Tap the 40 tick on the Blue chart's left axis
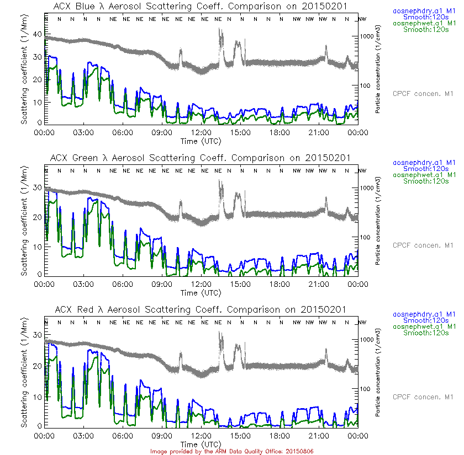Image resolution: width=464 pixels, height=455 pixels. (38, 34)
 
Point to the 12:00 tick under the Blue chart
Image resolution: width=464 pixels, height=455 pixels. (201, 132)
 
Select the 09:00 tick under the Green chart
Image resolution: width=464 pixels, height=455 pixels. (162, 284)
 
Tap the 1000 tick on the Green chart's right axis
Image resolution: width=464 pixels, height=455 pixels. (367, 188)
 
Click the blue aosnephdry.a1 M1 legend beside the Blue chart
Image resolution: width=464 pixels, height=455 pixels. (424, 10)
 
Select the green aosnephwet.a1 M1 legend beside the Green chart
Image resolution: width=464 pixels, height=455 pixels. (424, 175)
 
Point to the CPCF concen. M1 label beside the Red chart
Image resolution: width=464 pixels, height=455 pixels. (423, 397)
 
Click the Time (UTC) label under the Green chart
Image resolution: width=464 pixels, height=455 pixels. (201, 293)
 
